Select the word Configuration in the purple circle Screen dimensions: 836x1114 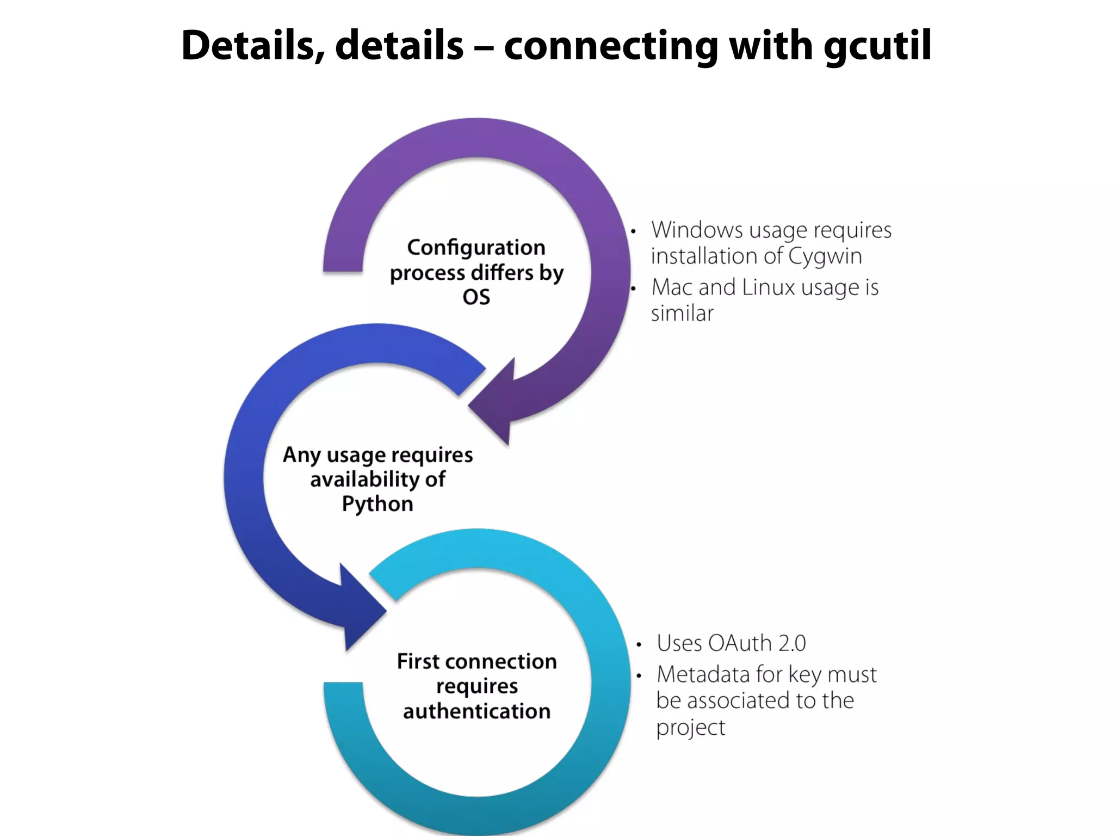[476, 248]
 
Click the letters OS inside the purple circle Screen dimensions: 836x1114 [476, 297]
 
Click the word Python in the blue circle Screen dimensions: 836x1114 [377, 504]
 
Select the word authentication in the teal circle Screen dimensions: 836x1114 [476, 711]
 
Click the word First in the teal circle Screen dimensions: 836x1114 [418, 661]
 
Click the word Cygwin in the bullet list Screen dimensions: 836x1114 [825, 256]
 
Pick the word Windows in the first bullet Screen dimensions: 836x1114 [697, 230]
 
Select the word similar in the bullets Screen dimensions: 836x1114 [682, 313]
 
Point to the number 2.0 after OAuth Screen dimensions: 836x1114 [791, 643]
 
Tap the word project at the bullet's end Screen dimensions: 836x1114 [690, 728]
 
